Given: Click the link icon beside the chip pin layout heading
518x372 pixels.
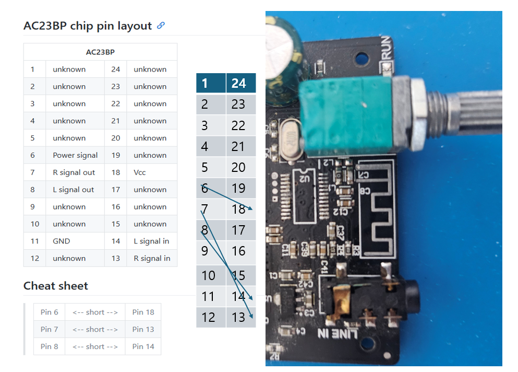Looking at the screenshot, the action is [161, 25].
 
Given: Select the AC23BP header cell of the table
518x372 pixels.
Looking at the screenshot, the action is [100, 52].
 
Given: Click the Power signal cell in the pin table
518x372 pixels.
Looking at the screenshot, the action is [75, 155].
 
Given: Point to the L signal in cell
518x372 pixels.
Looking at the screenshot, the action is [151, 241].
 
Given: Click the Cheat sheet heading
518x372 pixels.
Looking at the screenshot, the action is [56, 286].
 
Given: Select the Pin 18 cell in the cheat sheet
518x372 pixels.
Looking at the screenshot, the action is [143, 312].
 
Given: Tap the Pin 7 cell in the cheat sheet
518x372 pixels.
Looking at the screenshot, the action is [49, 329].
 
